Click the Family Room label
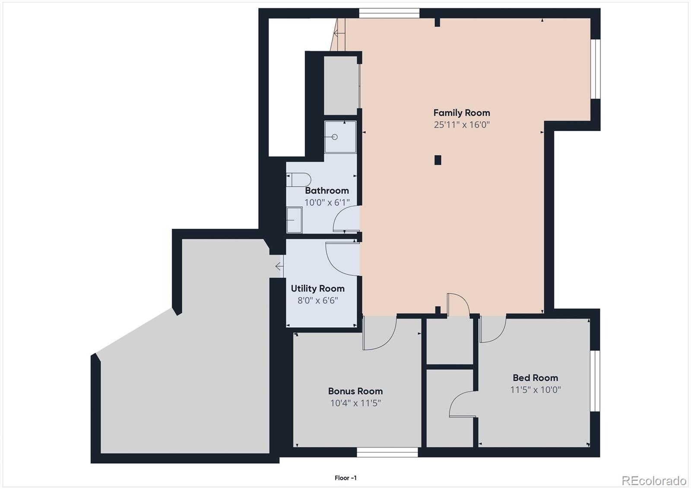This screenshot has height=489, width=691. (461, 113)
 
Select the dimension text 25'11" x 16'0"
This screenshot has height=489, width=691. (461, 125)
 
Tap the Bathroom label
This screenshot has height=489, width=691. (326, 191)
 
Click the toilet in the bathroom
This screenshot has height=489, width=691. (298, 179)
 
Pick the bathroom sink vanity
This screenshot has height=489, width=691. (294, 220)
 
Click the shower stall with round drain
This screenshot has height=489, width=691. (340, 137)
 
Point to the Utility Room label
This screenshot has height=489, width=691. (317, 288)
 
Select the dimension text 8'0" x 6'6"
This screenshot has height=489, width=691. (317, 300)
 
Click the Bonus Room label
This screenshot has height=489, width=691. (355, 391)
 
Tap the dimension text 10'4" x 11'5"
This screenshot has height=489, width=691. (355, 403)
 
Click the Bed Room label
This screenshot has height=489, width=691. (535, 378)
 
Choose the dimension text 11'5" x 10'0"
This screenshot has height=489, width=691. (535, 390)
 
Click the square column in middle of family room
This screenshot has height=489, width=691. (437, 160)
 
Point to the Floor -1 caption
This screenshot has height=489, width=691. (345, 478)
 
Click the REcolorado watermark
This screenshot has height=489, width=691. (653, 480)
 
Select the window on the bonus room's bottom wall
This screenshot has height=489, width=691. (387, 452)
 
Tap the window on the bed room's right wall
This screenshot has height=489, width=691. (595, 380)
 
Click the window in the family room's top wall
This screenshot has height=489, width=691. (389, 13)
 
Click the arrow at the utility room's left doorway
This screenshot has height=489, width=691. (279, 266)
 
